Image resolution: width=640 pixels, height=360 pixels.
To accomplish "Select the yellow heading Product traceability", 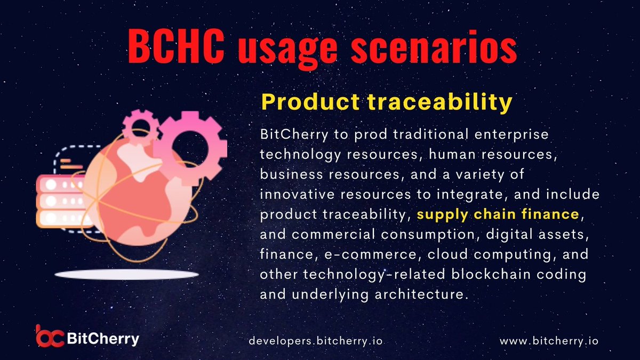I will (386, 102).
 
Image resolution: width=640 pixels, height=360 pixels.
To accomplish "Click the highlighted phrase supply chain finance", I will (498, 214).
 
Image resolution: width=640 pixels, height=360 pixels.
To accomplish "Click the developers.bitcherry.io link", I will (316, 340).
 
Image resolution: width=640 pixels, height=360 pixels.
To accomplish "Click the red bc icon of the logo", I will (50, 336).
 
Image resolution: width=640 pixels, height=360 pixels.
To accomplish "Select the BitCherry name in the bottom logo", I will (103, 338).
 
